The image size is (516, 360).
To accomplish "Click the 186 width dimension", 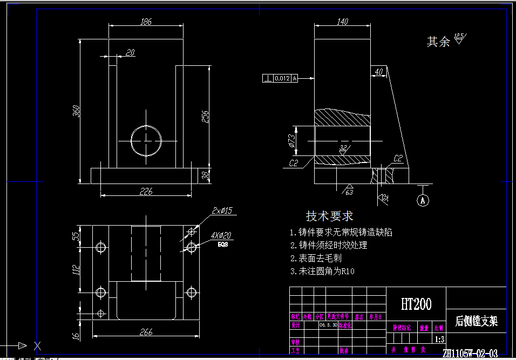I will point(146,22).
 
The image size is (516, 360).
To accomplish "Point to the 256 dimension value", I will point(206,116).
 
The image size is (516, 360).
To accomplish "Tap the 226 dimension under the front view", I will point(146,191).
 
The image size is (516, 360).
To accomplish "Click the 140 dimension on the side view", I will point(342,22).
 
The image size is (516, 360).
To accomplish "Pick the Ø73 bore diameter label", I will point(291,140).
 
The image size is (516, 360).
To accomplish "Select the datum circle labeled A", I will point(423,200).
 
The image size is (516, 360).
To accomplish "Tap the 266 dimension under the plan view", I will point(146,332).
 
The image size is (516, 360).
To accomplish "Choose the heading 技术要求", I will point(329,216).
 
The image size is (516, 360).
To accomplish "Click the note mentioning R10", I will point(322,271).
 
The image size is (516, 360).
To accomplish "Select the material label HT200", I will point(416,304).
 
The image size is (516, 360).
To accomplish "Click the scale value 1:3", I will point(439,339).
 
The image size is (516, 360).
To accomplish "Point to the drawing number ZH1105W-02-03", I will point(470,354).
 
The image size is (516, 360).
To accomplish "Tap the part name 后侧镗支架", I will point(476,322).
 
